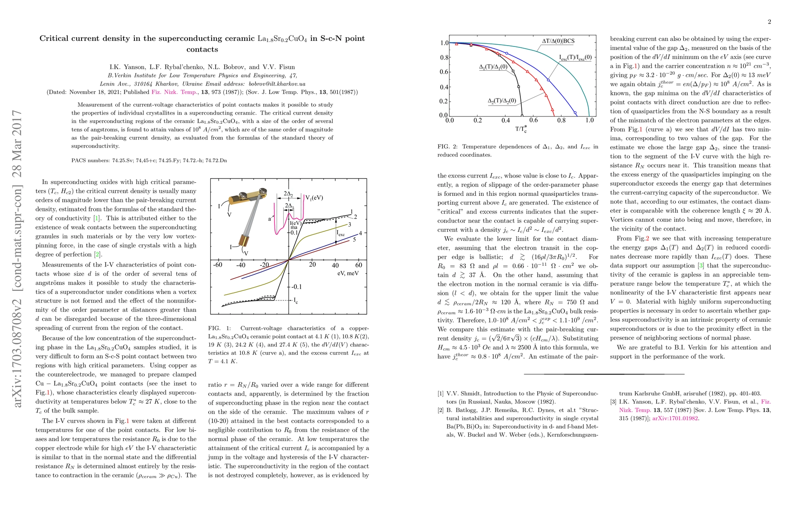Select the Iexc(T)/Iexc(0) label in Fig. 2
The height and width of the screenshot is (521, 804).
coord(575,57)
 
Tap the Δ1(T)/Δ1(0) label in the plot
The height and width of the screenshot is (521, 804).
coord(493,67)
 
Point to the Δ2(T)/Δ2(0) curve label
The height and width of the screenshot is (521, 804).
coord(502,101)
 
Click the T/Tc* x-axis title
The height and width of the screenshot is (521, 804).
coord(521,129)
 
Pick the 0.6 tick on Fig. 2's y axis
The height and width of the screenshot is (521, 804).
coord(444,72)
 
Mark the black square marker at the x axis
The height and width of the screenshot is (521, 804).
coord(522,115)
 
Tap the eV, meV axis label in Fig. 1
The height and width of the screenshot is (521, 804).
coord(348,274)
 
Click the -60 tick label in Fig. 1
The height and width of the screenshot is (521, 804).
coord(217,265)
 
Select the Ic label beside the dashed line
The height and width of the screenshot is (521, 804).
coord(296,300)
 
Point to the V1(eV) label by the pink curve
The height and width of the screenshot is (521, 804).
coord(314,198)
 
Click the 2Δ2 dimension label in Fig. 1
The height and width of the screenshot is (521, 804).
coord(288,194)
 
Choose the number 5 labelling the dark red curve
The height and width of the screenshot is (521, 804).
coord(354,239)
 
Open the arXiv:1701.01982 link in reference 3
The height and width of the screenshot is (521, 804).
coord(676,419)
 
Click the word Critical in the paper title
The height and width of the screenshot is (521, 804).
coord(55,38)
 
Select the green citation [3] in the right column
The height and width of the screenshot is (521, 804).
coord(700,266)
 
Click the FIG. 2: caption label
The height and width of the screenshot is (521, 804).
coord(448,147)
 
